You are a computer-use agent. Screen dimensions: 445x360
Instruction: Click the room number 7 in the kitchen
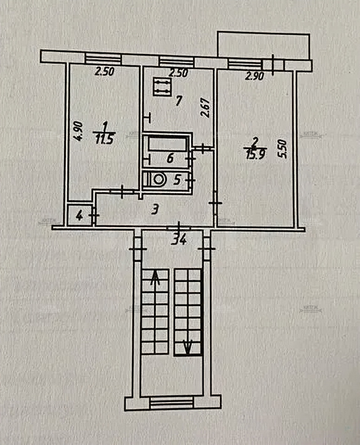[x=178, y=101]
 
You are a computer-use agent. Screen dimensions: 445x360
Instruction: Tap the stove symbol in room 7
[x=162, y=88]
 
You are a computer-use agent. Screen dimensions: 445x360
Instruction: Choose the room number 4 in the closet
[x=79, y=215]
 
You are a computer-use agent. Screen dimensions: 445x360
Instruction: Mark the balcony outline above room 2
[x=264, y=46]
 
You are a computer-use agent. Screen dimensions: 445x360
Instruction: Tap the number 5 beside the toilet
[x=177, y=181]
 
